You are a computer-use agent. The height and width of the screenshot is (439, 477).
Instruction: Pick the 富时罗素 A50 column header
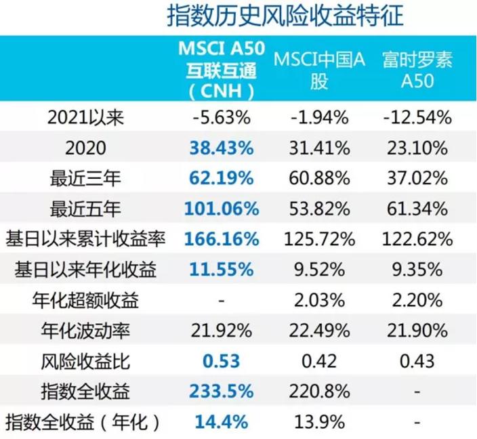click(417, 70)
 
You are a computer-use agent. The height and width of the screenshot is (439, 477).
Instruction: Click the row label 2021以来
click(86, 117)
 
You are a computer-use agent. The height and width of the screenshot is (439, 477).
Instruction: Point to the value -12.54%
click(417, 117)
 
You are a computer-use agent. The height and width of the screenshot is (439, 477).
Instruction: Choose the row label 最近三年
click(86, 178)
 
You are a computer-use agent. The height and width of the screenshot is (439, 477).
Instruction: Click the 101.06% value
click(223, 209)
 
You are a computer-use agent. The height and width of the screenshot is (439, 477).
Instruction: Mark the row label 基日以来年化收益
click(86, 270)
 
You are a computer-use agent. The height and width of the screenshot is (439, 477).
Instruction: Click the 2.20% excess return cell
click(417, 300)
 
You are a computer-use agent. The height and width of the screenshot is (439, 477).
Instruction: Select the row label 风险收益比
click(86, 361)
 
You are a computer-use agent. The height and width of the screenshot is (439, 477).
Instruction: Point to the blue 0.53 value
click(223, 361)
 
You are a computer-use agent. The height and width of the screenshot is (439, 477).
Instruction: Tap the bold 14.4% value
click(223, 422)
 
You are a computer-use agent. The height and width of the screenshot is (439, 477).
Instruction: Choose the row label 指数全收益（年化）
click(86, 422)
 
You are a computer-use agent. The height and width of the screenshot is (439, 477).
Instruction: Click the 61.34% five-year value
click(417, 209)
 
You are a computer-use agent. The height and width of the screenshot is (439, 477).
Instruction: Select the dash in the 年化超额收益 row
click(223, 300)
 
